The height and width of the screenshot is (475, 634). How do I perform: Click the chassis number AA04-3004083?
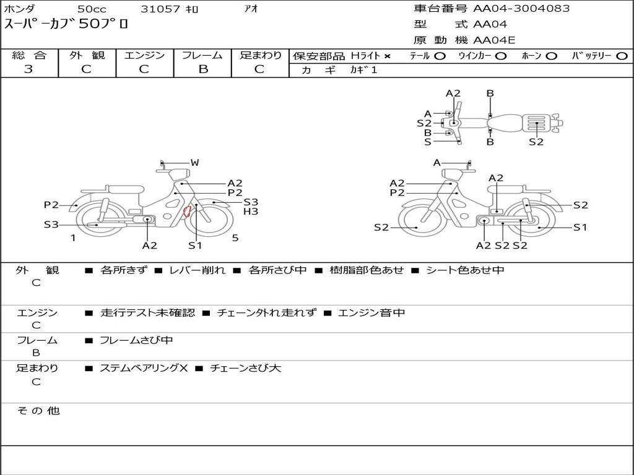[521, 9]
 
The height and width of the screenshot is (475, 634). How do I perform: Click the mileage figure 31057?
[160, 9]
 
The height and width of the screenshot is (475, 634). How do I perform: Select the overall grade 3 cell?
[28, 69]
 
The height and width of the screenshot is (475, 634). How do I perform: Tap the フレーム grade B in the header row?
[203, 69]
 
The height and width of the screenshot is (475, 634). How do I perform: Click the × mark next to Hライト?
[388, 56]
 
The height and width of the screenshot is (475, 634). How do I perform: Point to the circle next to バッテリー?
[622, 56]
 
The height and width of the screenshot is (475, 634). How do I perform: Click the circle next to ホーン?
[551, 56]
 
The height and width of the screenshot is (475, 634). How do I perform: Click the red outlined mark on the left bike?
[187, 212]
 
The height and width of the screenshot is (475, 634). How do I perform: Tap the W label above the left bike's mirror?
[195, 163]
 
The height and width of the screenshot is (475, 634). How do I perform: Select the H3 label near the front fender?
[251, 212]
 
